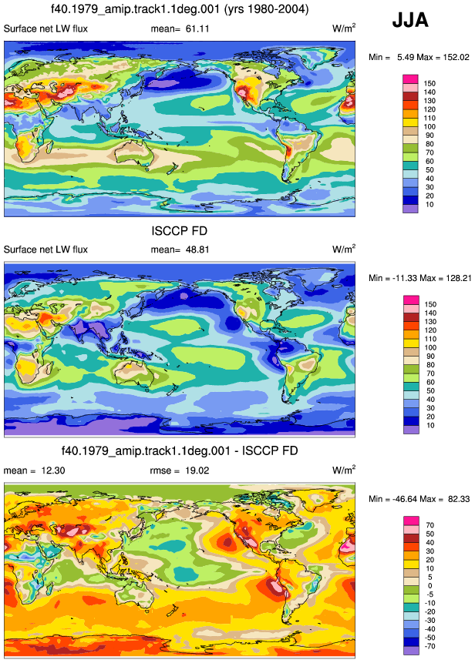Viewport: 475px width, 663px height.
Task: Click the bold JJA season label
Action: pyautogui.click(x=410, y=20)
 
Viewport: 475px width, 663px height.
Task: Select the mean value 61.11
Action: pyautogui.click(x=197, y=28)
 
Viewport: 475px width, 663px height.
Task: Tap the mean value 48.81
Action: pyautogui.click(x=197, y=249)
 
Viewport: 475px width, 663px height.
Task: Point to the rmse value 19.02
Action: pyautogui.click(x=197, y=470)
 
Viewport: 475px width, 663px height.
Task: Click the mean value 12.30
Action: pyautogui.click(x=53, y=470)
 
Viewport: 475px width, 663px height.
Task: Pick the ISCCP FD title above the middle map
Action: pyautogui.click(x=180, y=231)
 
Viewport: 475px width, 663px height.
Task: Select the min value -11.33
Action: pyautogui.click(x=404, y=278)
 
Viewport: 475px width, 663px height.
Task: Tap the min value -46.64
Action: pyautogui.click(x=404, y=499)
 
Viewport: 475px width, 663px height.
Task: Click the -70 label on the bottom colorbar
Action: pyautogui.click(x=430, y=646)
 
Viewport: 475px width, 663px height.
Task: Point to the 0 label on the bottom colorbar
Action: pyautogui.click(x=430, y=586)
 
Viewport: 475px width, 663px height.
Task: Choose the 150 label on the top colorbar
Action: pyautogui.click(x=430, y=84)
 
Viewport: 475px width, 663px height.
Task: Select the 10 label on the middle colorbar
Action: pyautogui.click(x=430, y=425)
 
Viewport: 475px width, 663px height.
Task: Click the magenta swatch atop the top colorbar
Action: pyautogui.click(x=410, y=79)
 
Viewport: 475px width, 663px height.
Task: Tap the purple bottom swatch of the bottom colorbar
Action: pyautogui.click(x=411, y=651)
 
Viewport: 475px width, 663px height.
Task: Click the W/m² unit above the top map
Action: pyautogui.click(x=344, y=28)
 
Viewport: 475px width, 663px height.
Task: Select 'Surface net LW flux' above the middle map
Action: pyautogui.click(x=45, y=249)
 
